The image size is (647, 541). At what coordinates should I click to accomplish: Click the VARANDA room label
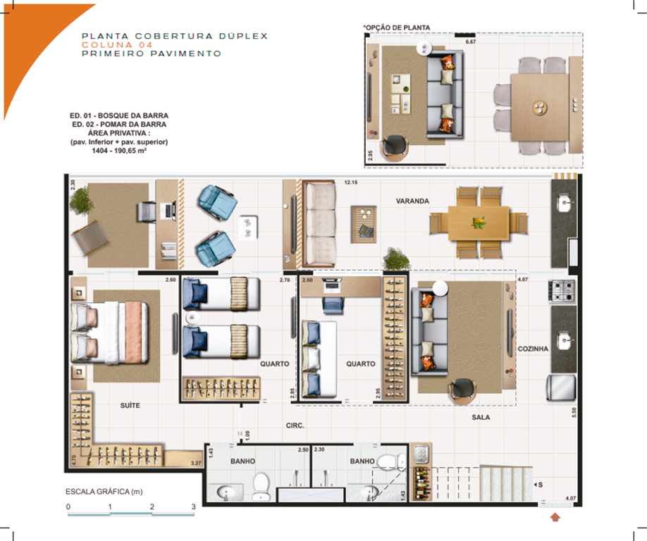point(412,201)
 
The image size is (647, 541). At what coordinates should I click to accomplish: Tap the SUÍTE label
point(130,406)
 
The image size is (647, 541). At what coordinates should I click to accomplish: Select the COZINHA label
point(532,349)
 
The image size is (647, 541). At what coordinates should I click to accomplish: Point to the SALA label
point(481,417)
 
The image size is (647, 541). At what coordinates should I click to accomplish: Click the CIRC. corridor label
point(295,425)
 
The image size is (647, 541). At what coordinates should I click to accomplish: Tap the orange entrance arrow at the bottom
point(555,518)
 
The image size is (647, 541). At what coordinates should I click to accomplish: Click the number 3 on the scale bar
point(193,506)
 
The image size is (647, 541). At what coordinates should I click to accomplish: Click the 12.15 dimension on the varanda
point(352,182)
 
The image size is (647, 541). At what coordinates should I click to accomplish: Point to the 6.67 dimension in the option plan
point(471,42)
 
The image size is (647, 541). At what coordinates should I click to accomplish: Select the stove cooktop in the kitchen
point(562,289)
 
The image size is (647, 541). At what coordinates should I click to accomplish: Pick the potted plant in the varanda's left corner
point(82,201)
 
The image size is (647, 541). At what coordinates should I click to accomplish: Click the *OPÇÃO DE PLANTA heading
point(396,28)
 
